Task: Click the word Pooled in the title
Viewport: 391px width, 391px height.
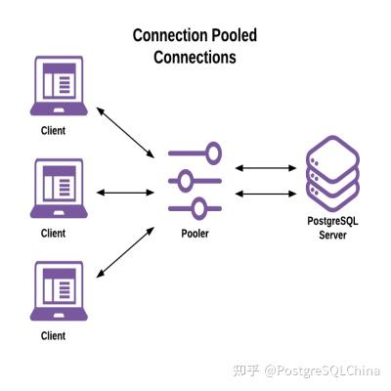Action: (x=235, y=35)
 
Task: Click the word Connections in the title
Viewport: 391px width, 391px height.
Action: (x=195, y=58)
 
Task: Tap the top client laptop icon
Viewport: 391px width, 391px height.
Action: (x=59, y=86)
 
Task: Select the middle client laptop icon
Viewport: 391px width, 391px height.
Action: (x=59, y=189)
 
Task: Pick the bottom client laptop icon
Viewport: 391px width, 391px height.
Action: (x=59, y=291)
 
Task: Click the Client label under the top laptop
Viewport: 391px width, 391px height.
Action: (x=53, y=131)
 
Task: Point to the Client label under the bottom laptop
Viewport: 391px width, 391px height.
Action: (x=53, y=335)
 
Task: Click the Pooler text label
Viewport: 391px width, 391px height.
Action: (x=195, y=234)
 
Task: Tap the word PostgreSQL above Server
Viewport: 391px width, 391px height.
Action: (x=332, y=221)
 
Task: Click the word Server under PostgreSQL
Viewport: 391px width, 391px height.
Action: (x=332, y=235)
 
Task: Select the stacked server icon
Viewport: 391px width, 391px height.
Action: (x=332, y=174)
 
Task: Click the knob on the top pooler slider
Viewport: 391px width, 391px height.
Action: (x=213, y=152)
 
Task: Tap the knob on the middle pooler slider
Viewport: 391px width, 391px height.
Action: (x=186, y=181)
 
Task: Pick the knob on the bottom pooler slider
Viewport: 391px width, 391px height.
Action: (x=198, y=209)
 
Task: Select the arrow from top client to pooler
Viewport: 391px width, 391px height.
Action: (x=125, y=133)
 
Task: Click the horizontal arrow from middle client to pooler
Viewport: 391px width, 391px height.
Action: (x=125, y=193)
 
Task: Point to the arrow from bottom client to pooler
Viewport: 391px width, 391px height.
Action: (x=125, y=252)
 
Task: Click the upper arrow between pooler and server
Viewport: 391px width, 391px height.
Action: (x=266, y=168)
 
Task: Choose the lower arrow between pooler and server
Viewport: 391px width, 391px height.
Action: (x=266, y=194)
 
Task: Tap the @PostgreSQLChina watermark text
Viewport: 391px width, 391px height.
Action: (x=323, y=370)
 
